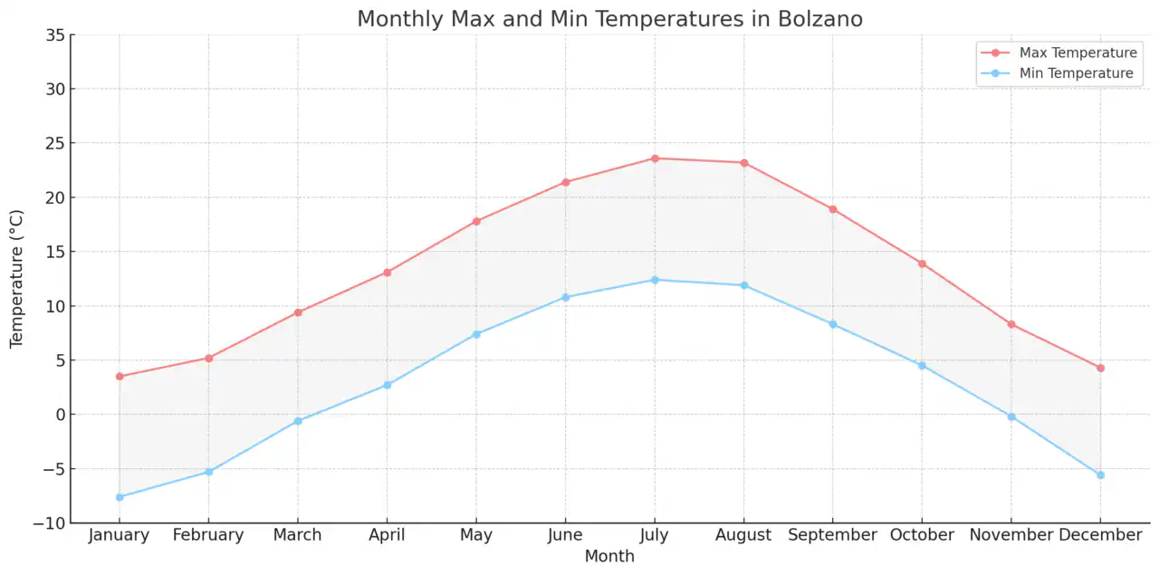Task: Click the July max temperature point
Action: [655, 158]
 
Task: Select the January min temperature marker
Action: [120, 497]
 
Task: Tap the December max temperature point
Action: [1100, 368]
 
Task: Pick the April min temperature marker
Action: [387, 385]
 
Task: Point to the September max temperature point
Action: [833, 209]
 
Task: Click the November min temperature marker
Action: [1011, 417]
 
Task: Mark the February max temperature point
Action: [208, 359]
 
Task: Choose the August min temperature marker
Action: [743, 285]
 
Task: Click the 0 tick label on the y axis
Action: [59, 415]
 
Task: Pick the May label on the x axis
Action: [476, 535]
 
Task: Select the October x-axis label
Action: [922, 535]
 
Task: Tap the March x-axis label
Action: [298, 535]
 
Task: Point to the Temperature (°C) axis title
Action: [16, 278]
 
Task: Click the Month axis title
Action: [609, 557]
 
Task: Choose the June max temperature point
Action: [566, 182]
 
